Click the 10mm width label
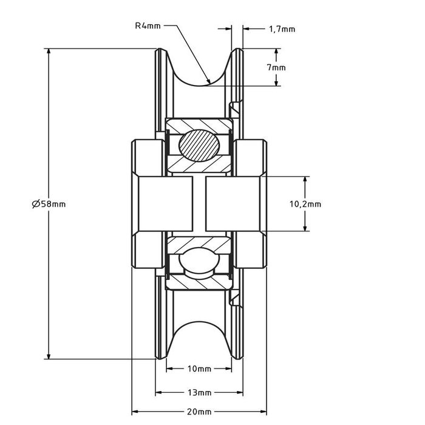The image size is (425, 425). [199, 369]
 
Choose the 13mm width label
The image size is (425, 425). [199, 392]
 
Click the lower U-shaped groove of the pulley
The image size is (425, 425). [200, 337]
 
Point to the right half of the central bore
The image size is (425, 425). [234, 204]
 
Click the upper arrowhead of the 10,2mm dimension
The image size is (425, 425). [305, 180]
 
